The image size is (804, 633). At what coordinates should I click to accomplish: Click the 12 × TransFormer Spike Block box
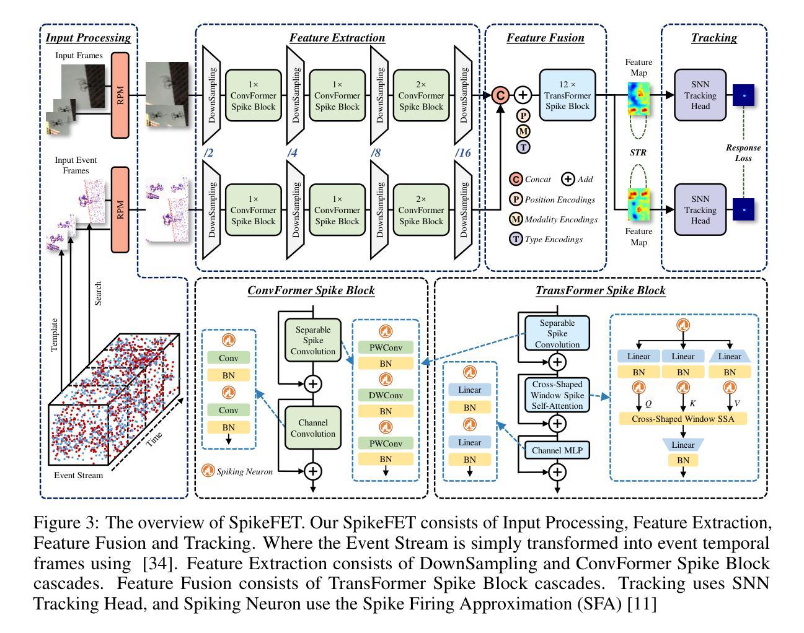pyautogui.click(x=567, y=95)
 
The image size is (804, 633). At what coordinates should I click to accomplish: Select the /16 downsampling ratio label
pyautogui.click(x=463, y=152)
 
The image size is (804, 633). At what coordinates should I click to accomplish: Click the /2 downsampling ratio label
pyautogui.click(x=208, y=152)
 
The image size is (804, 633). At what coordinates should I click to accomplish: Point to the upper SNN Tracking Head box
pyautogui.click(x=700, y=95)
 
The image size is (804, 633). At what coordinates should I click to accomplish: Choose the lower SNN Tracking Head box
pyautogui.click(x=700, y=210)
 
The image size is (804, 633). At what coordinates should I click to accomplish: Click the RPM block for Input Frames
pyautogui.click(x=120, y=95)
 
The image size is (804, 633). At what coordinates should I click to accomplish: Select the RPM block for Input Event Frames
pyautogui.click(x=120, y=209)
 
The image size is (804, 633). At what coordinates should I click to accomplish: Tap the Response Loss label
pyautogui.click(x=743, y=153)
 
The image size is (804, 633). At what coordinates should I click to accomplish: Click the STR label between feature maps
pyautogui.click(x=638, y=152)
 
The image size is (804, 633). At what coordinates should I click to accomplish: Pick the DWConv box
pyautogui.click(x=386, y=395)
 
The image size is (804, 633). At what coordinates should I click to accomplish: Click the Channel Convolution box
pyautogui.click(x=312, y=428)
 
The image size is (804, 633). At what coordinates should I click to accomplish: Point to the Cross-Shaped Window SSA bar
pyautogui.click(x=683, y=419)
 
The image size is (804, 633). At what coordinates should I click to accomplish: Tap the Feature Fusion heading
pyautogui.click(x=545, y=38)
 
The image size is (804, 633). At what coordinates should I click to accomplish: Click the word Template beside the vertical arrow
pyautogui.click(x=55, y=335)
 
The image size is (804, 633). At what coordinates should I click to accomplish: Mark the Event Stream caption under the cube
pyautogui.click(x=79, y=475)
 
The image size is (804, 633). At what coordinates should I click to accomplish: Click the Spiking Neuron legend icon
pyautogui.click(x=209, y=471)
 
